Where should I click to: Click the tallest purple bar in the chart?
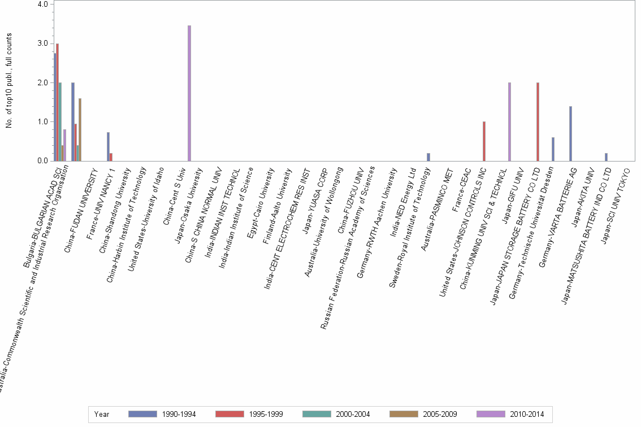[189, 93]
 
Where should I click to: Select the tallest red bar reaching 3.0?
[58, 102]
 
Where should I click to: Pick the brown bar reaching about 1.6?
[80, 129]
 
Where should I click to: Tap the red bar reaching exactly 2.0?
[538, 121]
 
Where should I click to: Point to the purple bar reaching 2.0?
[509, 121]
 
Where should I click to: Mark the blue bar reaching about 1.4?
[570, 133]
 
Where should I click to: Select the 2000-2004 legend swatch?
[317, 414]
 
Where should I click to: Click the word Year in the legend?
[102, 414]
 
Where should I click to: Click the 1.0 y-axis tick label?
[42, 121]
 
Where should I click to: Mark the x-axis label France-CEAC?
[462, 186]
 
